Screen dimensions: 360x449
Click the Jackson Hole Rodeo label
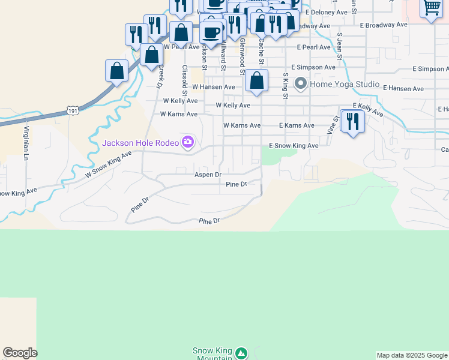click(x=141, y=143)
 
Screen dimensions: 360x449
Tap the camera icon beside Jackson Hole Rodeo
click(x=188, y=142)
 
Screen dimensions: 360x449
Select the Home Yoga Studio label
click(x=345, y=84)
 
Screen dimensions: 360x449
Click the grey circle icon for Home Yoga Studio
click(x=301, y=83)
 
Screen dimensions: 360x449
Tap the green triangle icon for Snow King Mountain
click(x=241, y=353)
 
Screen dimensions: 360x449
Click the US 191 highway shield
click(x=73, y=111)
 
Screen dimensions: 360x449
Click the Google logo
click(x=20, y=353)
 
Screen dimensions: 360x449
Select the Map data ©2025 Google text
click(x=412, y=355)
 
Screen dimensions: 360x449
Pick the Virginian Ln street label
click(x=26, y=143)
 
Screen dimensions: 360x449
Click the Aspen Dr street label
click(x=208, y=175)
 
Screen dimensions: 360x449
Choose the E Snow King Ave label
click(x=293, y=146)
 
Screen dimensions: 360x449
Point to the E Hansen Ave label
click(x=403, y=89)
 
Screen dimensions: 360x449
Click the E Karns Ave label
click(x=297, y=125)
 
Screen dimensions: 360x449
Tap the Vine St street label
click(x=331, y=124)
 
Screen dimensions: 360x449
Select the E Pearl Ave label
click(x=312, y=47)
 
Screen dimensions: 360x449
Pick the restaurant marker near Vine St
click(x=352, y=121)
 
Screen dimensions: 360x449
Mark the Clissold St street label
click(x=185, y=81)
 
